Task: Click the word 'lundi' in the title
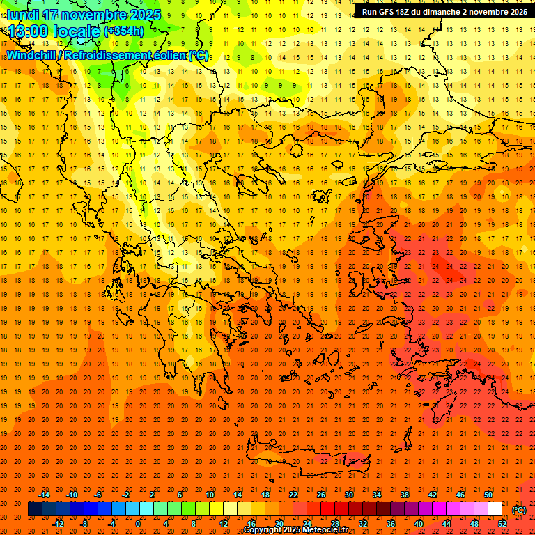22,15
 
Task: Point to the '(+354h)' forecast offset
123,31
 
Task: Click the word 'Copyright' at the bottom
263,530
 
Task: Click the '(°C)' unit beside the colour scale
519,510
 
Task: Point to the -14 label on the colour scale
47,495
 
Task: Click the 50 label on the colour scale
488,495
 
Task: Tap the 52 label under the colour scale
502,524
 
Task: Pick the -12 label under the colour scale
59,524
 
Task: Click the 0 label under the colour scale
138,524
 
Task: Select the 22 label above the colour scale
293,495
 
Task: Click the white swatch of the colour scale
495,509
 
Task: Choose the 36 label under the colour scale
391,524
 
